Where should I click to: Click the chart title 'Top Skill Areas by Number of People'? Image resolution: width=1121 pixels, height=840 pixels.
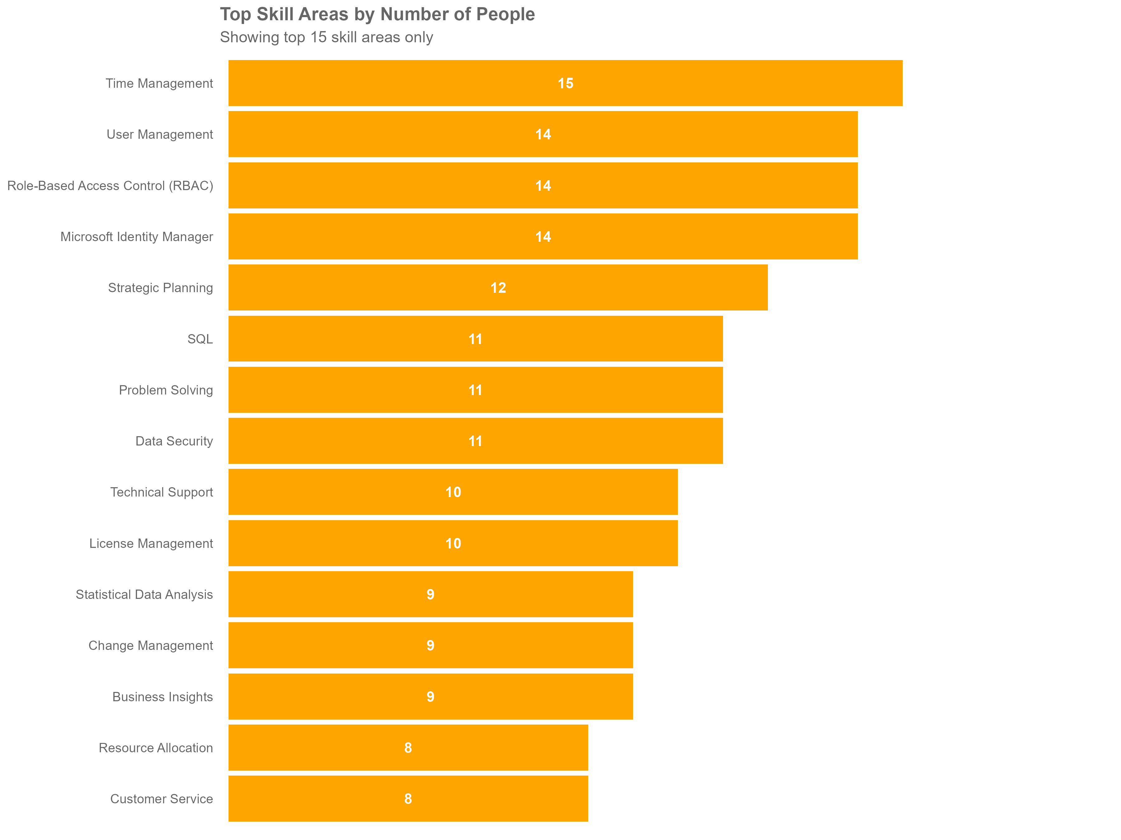(x=377, y=14)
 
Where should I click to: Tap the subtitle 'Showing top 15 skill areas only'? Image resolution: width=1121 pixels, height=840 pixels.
(x=326, y=37)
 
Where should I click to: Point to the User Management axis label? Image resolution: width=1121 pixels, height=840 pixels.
(x=160, y=134)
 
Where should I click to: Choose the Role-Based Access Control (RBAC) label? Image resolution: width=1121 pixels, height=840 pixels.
(x=110, y=186)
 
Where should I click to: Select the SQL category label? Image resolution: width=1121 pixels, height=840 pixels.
(x=200, y=339)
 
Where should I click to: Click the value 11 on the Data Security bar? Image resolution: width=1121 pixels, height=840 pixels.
(x=475, y=441)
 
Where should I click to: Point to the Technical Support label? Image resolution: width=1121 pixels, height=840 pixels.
(x=162, y=492)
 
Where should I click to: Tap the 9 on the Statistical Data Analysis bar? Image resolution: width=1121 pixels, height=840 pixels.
(x=430, y=595)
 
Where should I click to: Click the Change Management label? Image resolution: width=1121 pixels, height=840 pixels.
(x=150, y=646)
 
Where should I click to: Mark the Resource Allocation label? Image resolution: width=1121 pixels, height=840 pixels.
(x=156, y=748)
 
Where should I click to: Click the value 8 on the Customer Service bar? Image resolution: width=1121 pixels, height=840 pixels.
(x=408, y=799)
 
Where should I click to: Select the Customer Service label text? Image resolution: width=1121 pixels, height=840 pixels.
(x=162, y=799)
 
